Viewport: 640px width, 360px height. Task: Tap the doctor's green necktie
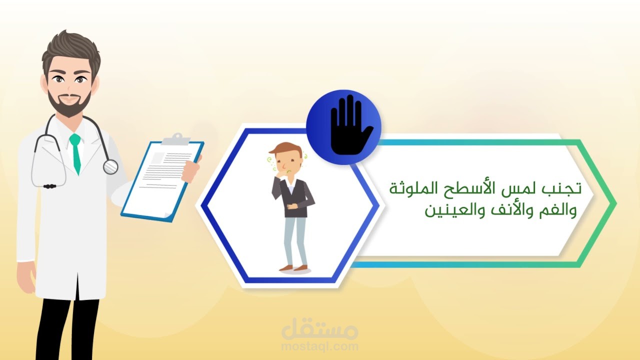(75, 152)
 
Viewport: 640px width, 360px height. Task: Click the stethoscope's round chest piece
(110, 166)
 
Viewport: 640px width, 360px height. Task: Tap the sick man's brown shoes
(293, 268)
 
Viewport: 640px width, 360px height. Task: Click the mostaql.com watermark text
(320, 345)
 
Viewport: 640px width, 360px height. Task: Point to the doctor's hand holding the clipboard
(191, 168)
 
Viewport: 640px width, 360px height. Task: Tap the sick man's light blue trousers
(294, 240)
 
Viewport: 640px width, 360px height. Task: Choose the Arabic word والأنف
(508, 210)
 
